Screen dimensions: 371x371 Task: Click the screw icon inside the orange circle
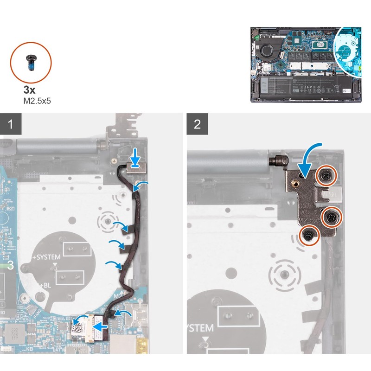(x=31, y=62)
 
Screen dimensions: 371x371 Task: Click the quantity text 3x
(x=29, y=90)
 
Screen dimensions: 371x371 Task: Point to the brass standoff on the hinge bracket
(x=296, y=185)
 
